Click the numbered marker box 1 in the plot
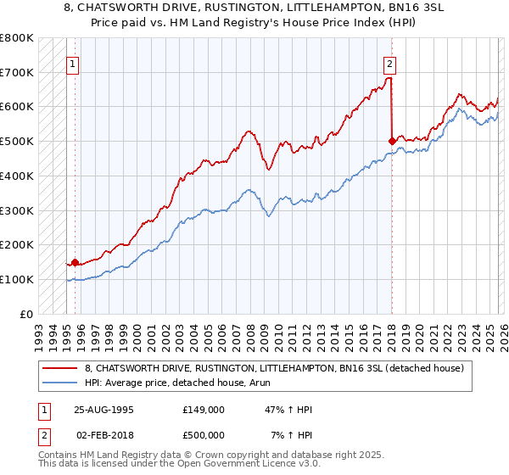[72, 63]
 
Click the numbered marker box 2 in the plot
[389, 63]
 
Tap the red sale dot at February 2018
[391, 141]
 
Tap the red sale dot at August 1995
[75, 262]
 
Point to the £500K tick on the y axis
[17, 141]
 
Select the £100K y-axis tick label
[17, 279]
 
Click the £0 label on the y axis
[27, 314]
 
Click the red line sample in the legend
[61, 368]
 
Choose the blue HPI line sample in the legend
[61, 383]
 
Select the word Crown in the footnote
[213, 455]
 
